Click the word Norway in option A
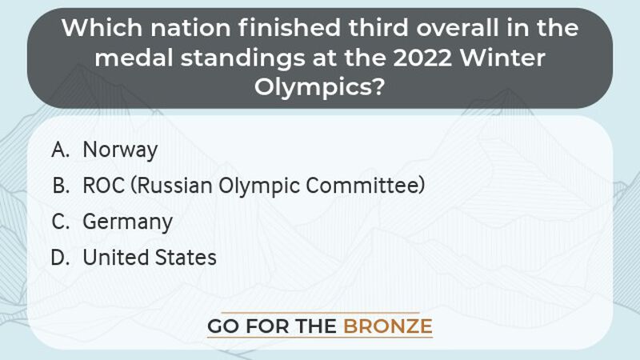click(x=120, y=150)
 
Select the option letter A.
click(x=60, y=150)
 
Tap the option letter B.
click(x=60, y=186)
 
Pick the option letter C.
click(x=60, y=222)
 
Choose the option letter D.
click(x=60, y=258)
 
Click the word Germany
click(x=127, y=222)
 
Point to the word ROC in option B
click(x=103, y=186)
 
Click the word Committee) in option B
click(x=368, y=186)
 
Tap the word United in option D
click(x=113, y=258)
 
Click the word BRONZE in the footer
click(x=388, y=326)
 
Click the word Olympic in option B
click(x=257, y=186)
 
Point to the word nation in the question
click(x=185, y=30)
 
